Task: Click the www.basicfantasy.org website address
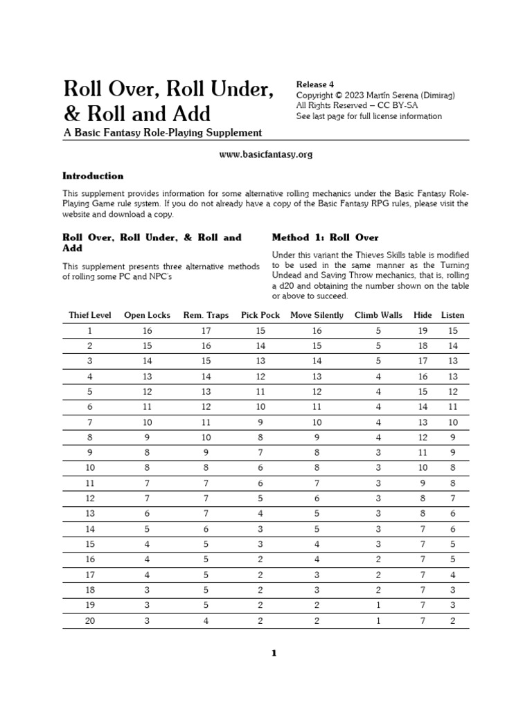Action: click(266, 154)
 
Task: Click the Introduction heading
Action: click(93, 176)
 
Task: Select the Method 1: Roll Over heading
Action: click(315, 237)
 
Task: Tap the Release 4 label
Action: click(315, 84)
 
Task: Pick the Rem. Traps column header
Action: click(206, 315)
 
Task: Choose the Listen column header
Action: click(453, 315)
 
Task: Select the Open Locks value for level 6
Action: click(147, 407)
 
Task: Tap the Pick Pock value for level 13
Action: click(260, 514)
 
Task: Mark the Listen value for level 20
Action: click(453, 621)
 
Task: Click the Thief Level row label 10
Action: click(89, 468)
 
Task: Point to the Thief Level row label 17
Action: click(89, 575)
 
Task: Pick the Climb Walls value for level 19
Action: click(378, 606)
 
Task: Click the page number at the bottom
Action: click(274, 653)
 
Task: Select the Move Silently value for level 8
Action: click(317, 438)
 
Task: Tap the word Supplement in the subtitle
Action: click(233, 132)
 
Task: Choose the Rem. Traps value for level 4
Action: click(206, 377)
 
